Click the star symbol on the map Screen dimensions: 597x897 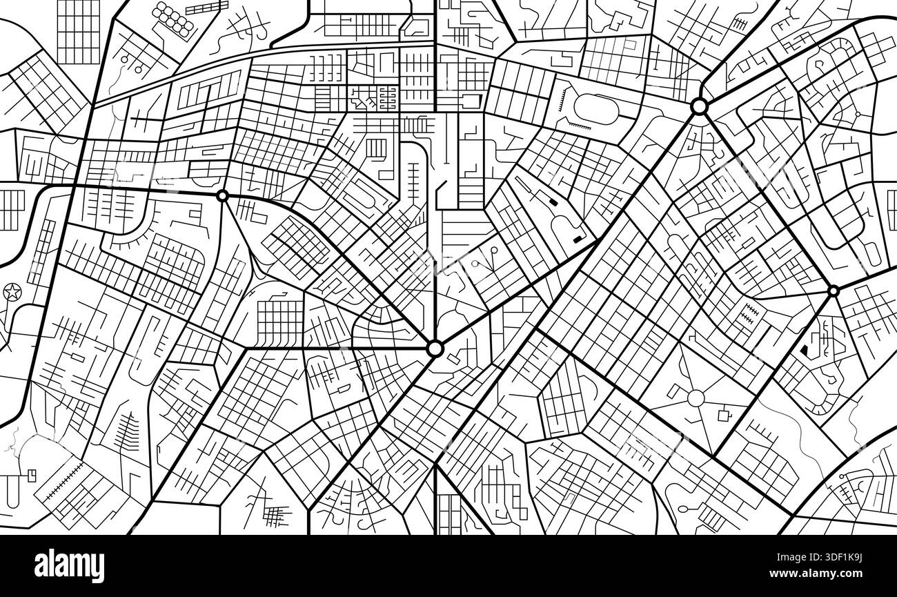pos(12,292)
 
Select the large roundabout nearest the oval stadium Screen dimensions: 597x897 pos(698,106)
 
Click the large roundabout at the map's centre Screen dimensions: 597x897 pos(435,349)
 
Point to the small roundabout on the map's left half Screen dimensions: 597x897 pos(222,196)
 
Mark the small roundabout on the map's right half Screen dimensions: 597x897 pos(833,291)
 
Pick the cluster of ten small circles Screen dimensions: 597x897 pos(173,20)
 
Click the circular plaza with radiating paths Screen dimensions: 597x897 pos(695,398)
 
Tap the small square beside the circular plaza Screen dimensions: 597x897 pos(724,415)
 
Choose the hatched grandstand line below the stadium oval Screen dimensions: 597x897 pos(579,127)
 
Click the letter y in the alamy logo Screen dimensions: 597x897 pos(96,567)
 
